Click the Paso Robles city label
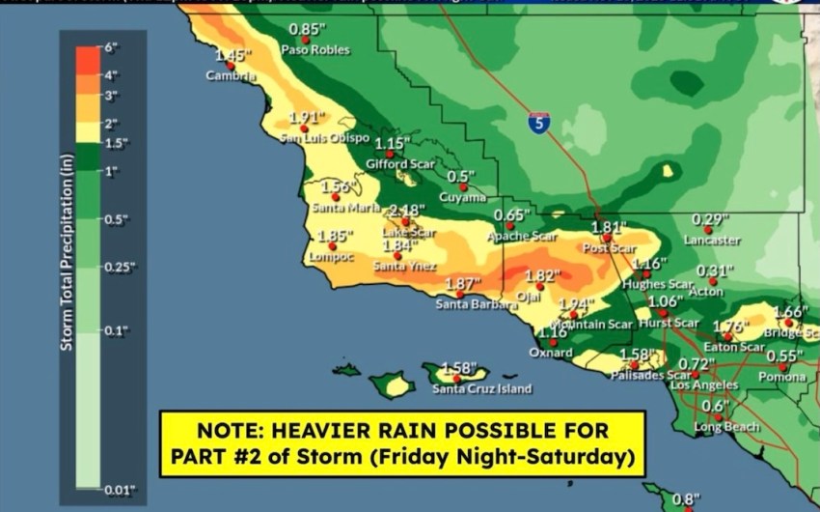(x=315, y=49)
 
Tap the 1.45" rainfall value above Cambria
(x=232, y=56)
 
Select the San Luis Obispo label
(x=324, y=138)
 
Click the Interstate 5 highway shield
(x=539, y=123)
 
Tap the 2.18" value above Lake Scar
(x=406, y=211)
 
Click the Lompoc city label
(x=332, y=257)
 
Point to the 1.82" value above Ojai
(x=542, y=275)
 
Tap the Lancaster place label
(x=712, y=240)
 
